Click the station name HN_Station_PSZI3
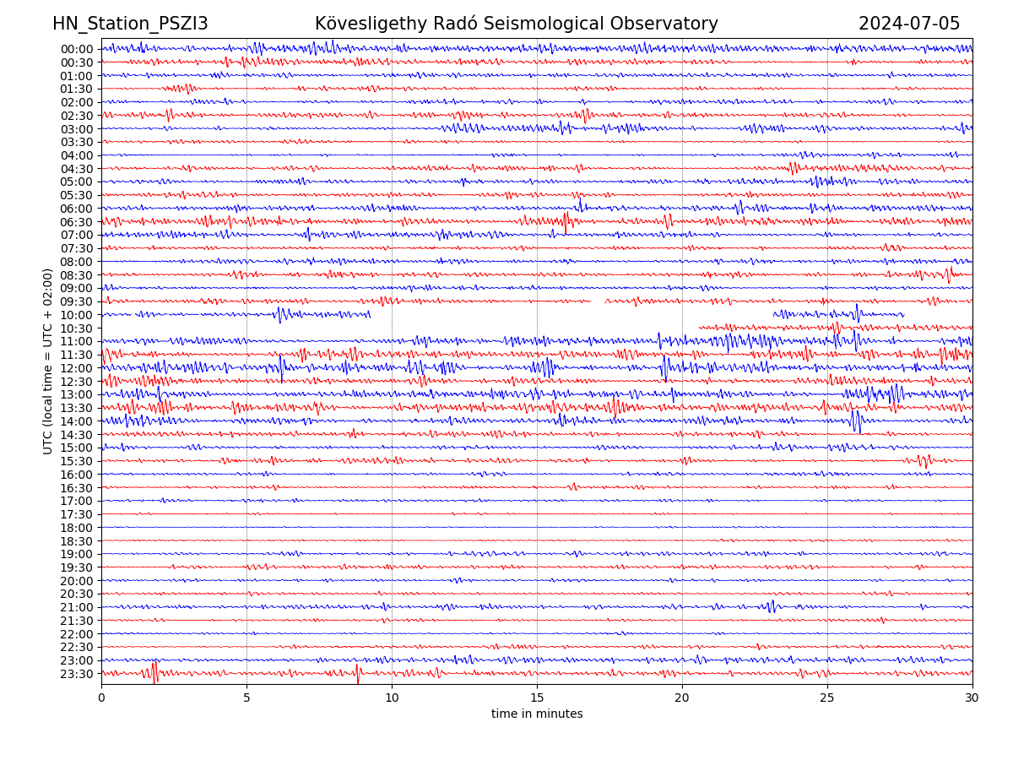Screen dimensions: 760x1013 [130, 24]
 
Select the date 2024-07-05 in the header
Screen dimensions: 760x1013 [909, 24]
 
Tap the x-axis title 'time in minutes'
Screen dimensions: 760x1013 [537, 714]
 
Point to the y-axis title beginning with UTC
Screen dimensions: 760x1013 [48, 361]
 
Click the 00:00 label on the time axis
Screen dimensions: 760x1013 [77, 49]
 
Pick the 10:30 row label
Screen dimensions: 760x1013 [77, 328]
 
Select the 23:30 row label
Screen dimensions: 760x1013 [77, 674]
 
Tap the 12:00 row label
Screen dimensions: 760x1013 [77, 368]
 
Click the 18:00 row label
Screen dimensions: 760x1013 [77, 528]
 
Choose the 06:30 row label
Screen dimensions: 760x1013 [77, 222]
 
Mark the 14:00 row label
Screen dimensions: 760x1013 [77, 421]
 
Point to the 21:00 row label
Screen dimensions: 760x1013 [77, 607]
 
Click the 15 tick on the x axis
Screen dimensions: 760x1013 [537, 698]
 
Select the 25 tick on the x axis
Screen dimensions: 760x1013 [827, 698]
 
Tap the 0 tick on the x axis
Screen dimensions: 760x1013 [101, 698]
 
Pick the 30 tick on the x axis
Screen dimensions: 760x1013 [972, 698]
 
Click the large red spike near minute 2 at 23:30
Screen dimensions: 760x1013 [154, 671]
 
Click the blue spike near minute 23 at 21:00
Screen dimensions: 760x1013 [772, 605]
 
